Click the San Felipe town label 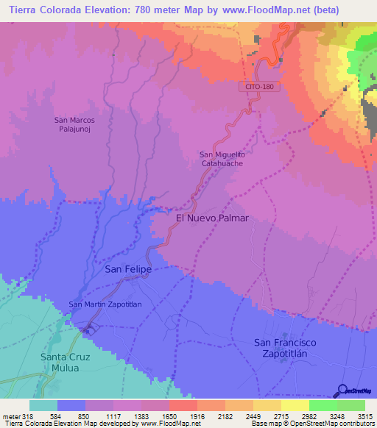[128, 270]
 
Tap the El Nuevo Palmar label [212, 218]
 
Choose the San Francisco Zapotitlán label [295, 348]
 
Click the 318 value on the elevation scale [29, 415]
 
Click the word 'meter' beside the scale [10, 415]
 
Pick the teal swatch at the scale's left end [43, 405]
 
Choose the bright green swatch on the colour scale [323, 405]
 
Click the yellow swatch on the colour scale [295, 405]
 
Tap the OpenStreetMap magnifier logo [342, 390]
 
